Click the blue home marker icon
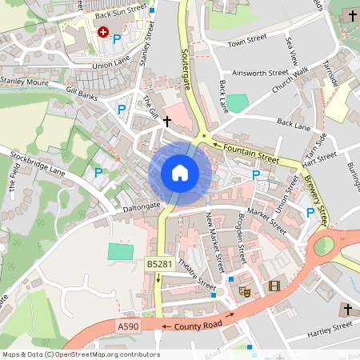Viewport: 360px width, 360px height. [x=180, y=172]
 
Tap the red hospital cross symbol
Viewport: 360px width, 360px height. [x=102, y=31]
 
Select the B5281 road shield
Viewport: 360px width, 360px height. [x=157, y=264]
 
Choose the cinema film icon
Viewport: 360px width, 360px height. [x=274, y=286]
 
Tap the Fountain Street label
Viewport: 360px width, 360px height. [x=250, y=154]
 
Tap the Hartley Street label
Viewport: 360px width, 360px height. [x=330, y=326]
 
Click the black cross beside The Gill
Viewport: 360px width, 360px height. [x=166, y=122]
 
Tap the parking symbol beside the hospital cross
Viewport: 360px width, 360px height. [x=117, y=38]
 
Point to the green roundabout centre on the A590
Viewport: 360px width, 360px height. [x=323, y=246]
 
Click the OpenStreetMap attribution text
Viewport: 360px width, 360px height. [x=81, y=354]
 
